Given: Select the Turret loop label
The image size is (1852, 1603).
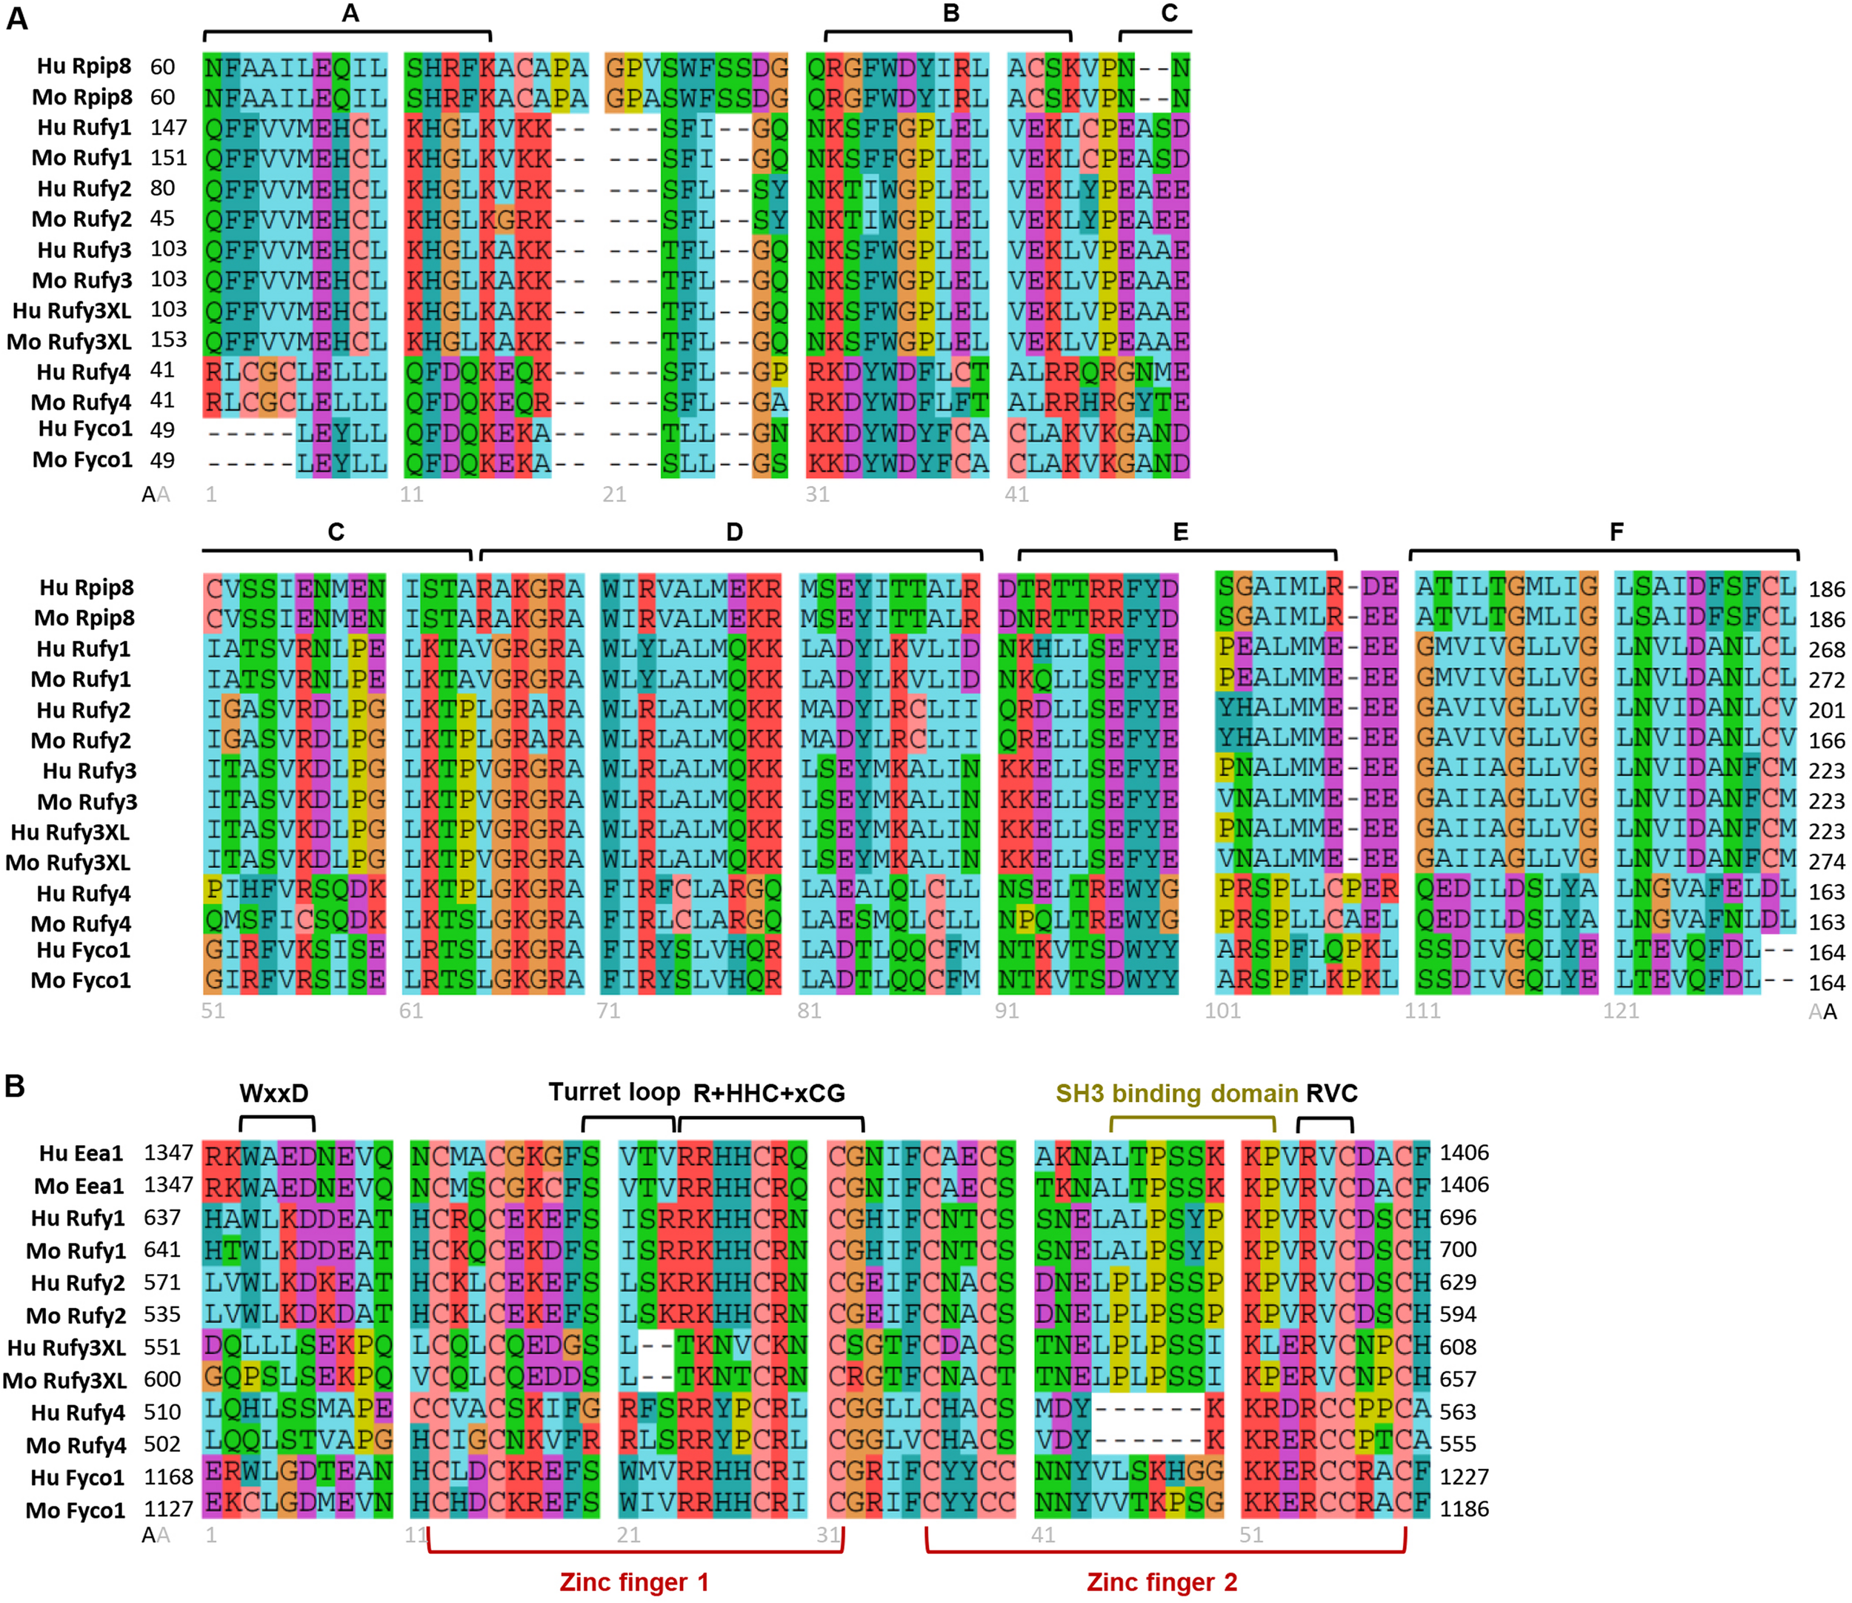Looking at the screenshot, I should pos(614,1092).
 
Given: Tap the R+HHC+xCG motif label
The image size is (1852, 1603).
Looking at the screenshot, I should pos(769,1093).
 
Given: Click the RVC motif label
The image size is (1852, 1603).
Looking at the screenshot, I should pos(1331,1093).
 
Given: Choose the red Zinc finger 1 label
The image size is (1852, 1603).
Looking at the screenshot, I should pos(634,1582).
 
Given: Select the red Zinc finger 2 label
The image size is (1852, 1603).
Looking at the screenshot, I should pos(1162,1582).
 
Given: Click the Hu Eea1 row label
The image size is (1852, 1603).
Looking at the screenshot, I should pos(81,1153).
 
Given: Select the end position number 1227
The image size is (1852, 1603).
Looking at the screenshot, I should pos(1464,1477).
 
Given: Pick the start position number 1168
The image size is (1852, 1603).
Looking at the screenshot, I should pos(168,1477).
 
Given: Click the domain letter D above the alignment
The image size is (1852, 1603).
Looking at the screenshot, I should pos(734,532).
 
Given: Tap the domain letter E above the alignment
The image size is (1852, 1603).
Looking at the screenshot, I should pos(1180,532).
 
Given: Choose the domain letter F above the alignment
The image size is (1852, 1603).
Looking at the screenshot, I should pos(1616,532).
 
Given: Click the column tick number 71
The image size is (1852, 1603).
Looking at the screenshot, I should pos(608,1011).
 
